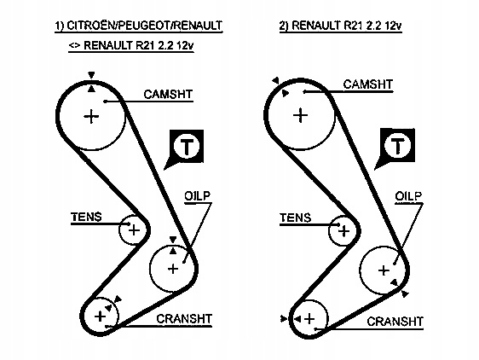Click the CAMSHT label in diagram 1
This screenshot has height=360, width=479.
point(168,94)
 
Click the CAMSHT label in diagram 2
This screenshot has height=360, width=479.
point(368,84)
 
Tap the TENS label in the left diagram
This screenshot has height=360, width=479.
point(86,217)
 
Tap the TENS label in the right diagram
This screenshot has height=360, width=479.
point(296,218)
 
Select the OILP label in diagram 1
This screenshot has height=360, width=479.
point(198,195)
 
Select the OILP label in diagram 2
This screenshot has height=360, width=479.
point(408,196)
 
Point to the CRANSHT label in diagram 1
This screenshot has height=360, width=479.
point(184,319)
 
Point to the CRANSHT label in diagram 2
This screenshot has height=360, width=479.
point(395,322)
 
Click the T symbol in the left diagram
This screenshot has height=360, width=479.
point(187,146)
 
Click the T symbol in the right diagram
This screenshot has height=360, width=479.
point(397,146)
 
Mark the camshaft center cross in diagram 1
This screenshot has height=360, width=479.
point(91,116)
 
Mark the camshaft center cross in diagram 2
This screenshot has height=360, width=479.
point(301,115)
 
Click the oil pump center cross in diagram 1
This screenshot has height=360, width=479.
point(173,269)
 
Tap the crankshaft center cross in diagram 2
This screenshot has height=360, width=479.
point(309,319)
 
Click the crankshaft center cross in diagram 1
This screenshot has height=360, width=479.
point(100,316)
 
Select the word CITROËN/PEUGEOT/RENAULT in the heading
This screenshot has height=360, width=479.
point(144,26)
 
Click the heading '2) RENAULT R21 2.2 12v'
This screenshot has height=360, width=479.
point(340,26)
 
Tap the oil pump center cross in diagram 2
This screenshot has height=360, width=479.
point(384,270)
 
